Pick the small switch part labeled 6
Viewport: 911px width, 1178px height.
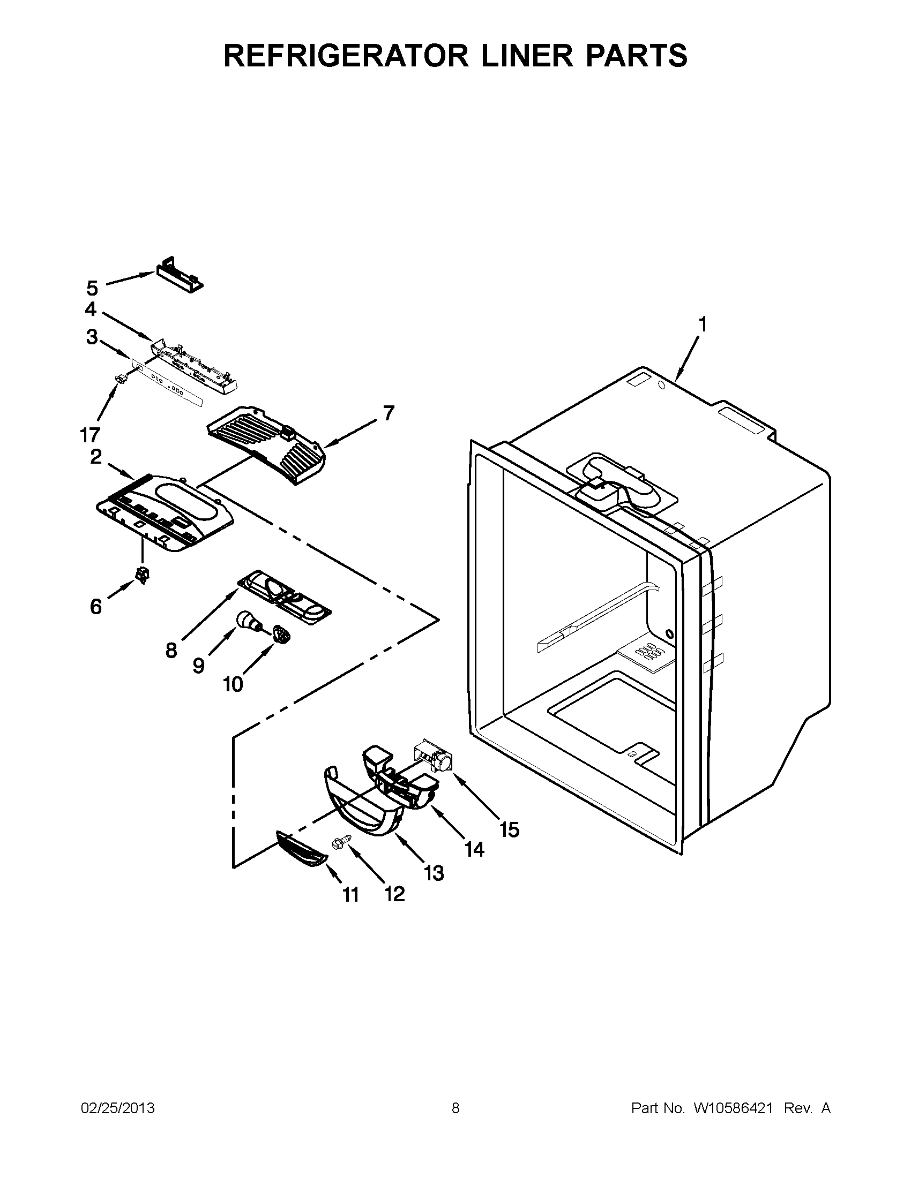[x=143, y=576]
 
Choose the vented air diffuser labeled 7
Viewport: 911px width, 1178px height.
[x=267, y=444]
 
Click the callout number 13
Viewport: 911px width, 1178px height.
[x=434, y=872]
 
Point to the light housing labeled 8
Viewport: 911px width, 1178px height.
[x=285, y=599]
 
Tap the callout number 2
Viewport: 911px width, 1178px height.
[x=95, y=457]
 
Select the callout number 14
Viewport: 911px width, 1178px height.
[x=474, y=850]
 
